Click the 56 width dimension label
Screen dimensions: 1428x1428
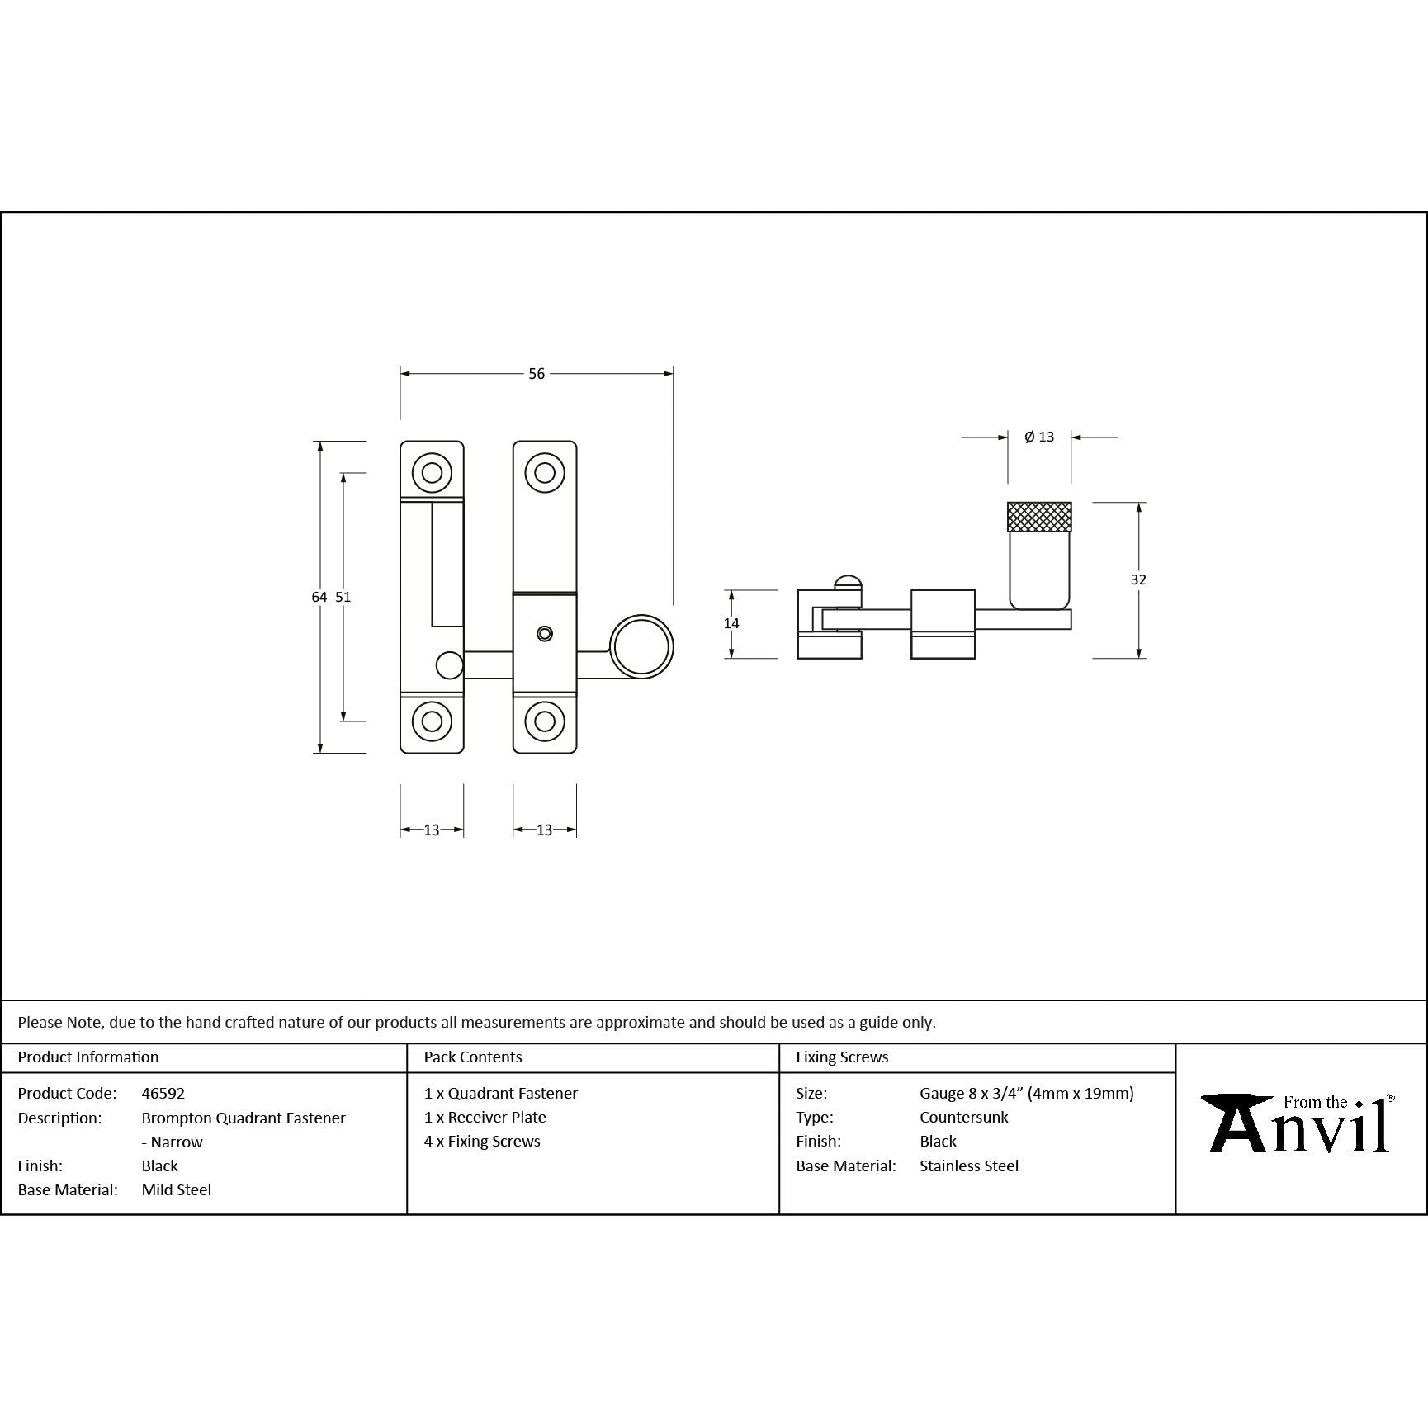tap(537, 374)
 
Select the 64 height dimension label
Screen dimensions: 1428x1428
tap(319, 597)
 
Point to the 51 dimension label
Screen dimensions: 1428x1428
tap(343, 597)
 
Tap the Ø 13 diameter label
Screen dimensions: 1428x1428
tap(1039, 437)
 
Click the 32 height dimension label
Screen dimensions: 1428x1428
tap(1138, 579)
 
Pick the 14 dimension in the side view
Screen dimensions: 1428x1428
tap(731, 623)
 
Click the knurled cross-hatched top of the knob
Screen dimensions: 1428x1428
tap(1039, 517)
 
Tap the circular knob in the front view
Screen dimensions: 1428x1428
tap(641, 646)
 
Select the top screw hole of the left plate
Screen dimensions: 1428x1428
tap(432, 473)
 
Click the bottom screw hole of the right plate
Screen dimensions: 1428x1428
tap(544, 721)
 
